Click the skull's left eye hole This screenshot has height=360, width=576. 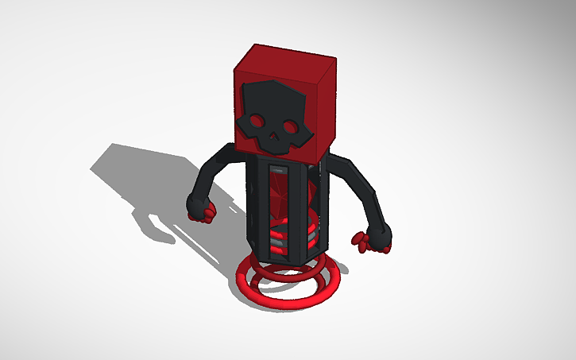point(257,122)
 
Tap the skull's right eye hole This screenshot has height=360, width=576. point(290,126)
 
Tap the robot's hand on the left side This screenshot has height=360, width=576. point(198,206)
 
